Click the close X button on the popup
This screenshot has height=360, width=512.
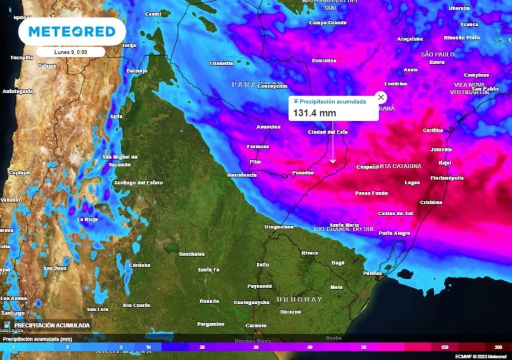click(381, 97)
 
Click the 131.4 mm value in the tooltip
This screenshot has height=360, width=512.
click(314, 113)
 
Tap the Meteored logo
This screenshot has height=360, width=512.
click(72, 32)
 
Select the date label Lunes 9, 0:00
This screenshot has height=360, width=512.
click(70, 52)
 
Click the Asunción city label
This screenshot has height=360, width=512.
click(268, 127)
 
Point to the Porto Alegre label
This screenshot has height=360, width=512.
click(394, 233)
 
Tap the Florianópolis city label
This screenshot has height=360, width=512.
click(447, 178)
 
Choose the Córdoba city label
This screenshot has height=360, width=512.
click(139, 265)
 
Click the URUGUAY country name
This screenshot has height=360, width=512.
click(299, 299)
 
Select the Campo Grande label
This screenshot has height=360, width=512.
click(327, 22)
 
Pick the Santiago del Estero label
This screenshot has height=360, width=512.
click(138, 182)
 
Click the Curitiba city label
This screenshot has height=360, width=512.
click(432, 130)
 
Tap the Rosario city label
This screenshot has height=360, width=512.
click(209, 301)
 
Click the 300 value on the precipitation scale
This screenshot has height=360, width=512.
click(498, 347)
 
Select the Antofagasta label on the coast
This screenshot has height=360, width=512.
click(18, 91)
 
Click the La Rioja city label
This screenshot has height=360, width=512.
click(87, 219)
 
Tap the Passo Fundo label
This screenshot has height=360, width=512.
click(371, 193)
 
